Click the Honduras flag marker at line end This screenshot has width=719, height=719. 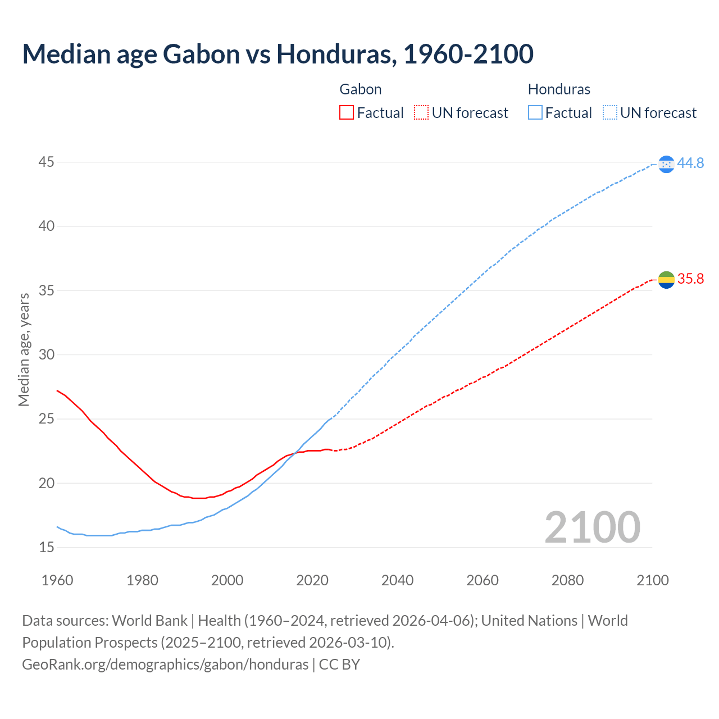click(x=666, y=164)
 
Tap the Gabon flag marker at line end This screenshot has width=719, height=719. click(x=666, y=279)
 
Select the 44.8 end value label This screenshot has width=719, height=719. click(x=690, y=163)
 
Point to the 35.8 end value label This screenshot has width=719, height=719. click(x=690, y=279)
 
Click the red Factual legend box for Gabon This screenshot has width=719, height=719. click(x=347, y=113)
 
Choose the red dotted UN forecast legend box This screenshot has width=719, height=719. click(x=421, y=113)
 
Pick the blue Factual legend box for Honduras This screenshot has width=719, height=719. click(x=535, y=113)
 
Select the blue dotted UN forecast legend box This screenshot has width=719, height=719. click(x=609, y=113)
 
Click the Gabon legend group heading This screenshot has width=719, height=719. click(x=361, y=89)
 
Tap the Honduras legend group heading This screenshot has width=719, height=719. click(x=559, y=89)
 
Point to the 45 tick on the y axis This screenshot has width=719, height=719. click(x=47, y=162)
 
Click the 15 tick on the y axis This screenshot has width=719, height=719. click(x=47, y=547)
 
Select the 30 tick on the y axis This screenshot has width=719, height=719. click(x=47, y=354)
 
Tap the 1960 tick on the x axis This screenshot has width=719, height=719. click(x=57, y=580)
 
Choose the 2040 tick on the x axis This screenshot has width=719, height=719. click(x=397, y=580)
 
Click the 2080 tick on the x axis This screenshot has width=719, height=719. click(x=567, y=580)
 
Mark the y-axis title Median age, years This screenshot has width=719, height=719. click(x=24, y=349)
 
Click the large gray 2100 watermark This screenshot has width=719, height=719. click(x=592, y=527)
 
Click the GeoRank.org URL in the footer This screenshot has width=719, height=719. click(x=165, y=664)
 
